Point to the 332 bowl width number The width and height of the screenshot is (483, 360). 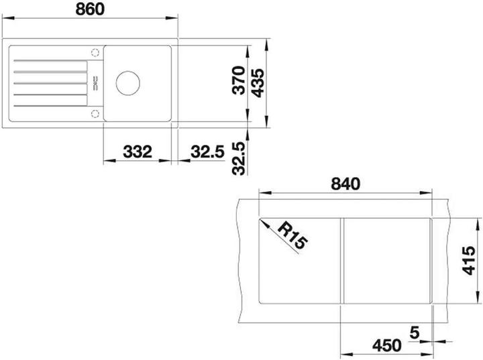pyautogui.click(x=136, y=152)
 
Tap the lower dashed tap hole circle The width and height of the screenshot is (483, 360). pyautogui.click(x=95, y=113)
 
